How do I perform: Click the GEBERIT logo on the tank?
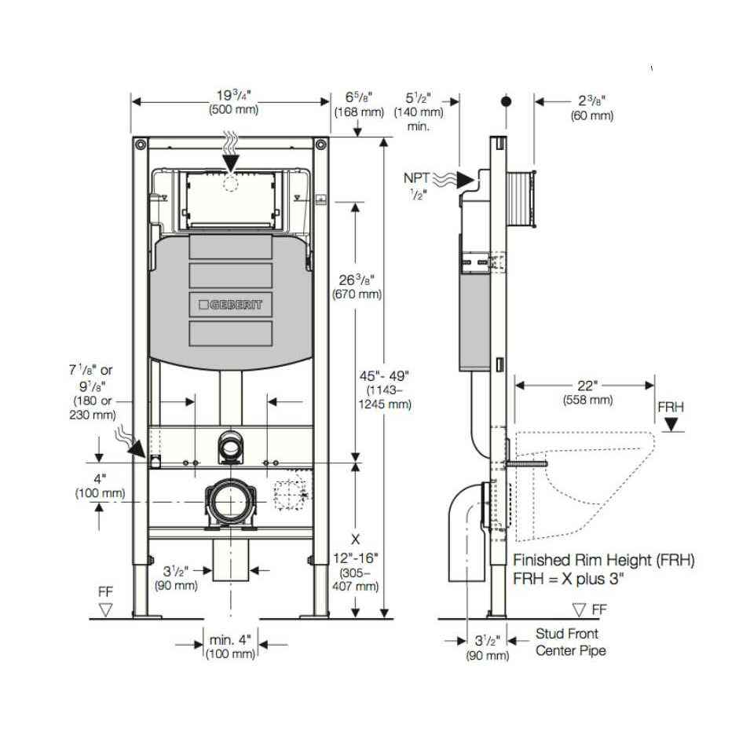click(x=231, y=305)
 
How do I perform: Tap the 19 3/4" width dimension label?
click(x=233, y=95)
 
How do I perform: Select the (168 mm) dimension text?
click(x=359, y=112)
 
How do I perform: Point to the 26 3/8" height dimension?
click(x=357, y=280)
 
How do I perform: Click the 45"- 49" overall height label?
click(x=385, y=376)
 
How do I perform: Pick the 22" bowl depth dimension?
click(x=588, y=386)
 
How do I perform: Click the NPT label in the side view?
click(x=416, y=178)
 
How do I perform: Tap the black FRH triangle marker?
click(x=671, y=424)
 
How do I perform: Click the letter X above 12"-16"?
click(x=355, y=540)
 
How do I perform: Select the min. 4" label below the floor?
click(x=230, y=639)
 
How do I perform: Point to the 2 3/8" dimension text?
click(x=591, y=101)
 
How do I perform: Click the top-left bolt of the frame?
click(x=140, y=144)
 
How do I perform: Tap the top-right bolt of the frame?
click(x=321, y=144)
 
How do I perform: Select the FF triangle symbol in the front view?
click(x=105, y=610)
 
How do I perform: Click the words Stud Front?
click(x=567, y=634)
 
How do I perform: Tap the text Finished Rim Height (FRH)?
click(x=604, y=560)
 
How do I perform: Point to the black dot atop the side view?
click(x=506, y=101)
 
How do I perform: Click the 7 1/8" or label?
click(x=90, y=370)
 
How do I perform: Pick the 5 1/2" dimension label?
click(x=418, y=98)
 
